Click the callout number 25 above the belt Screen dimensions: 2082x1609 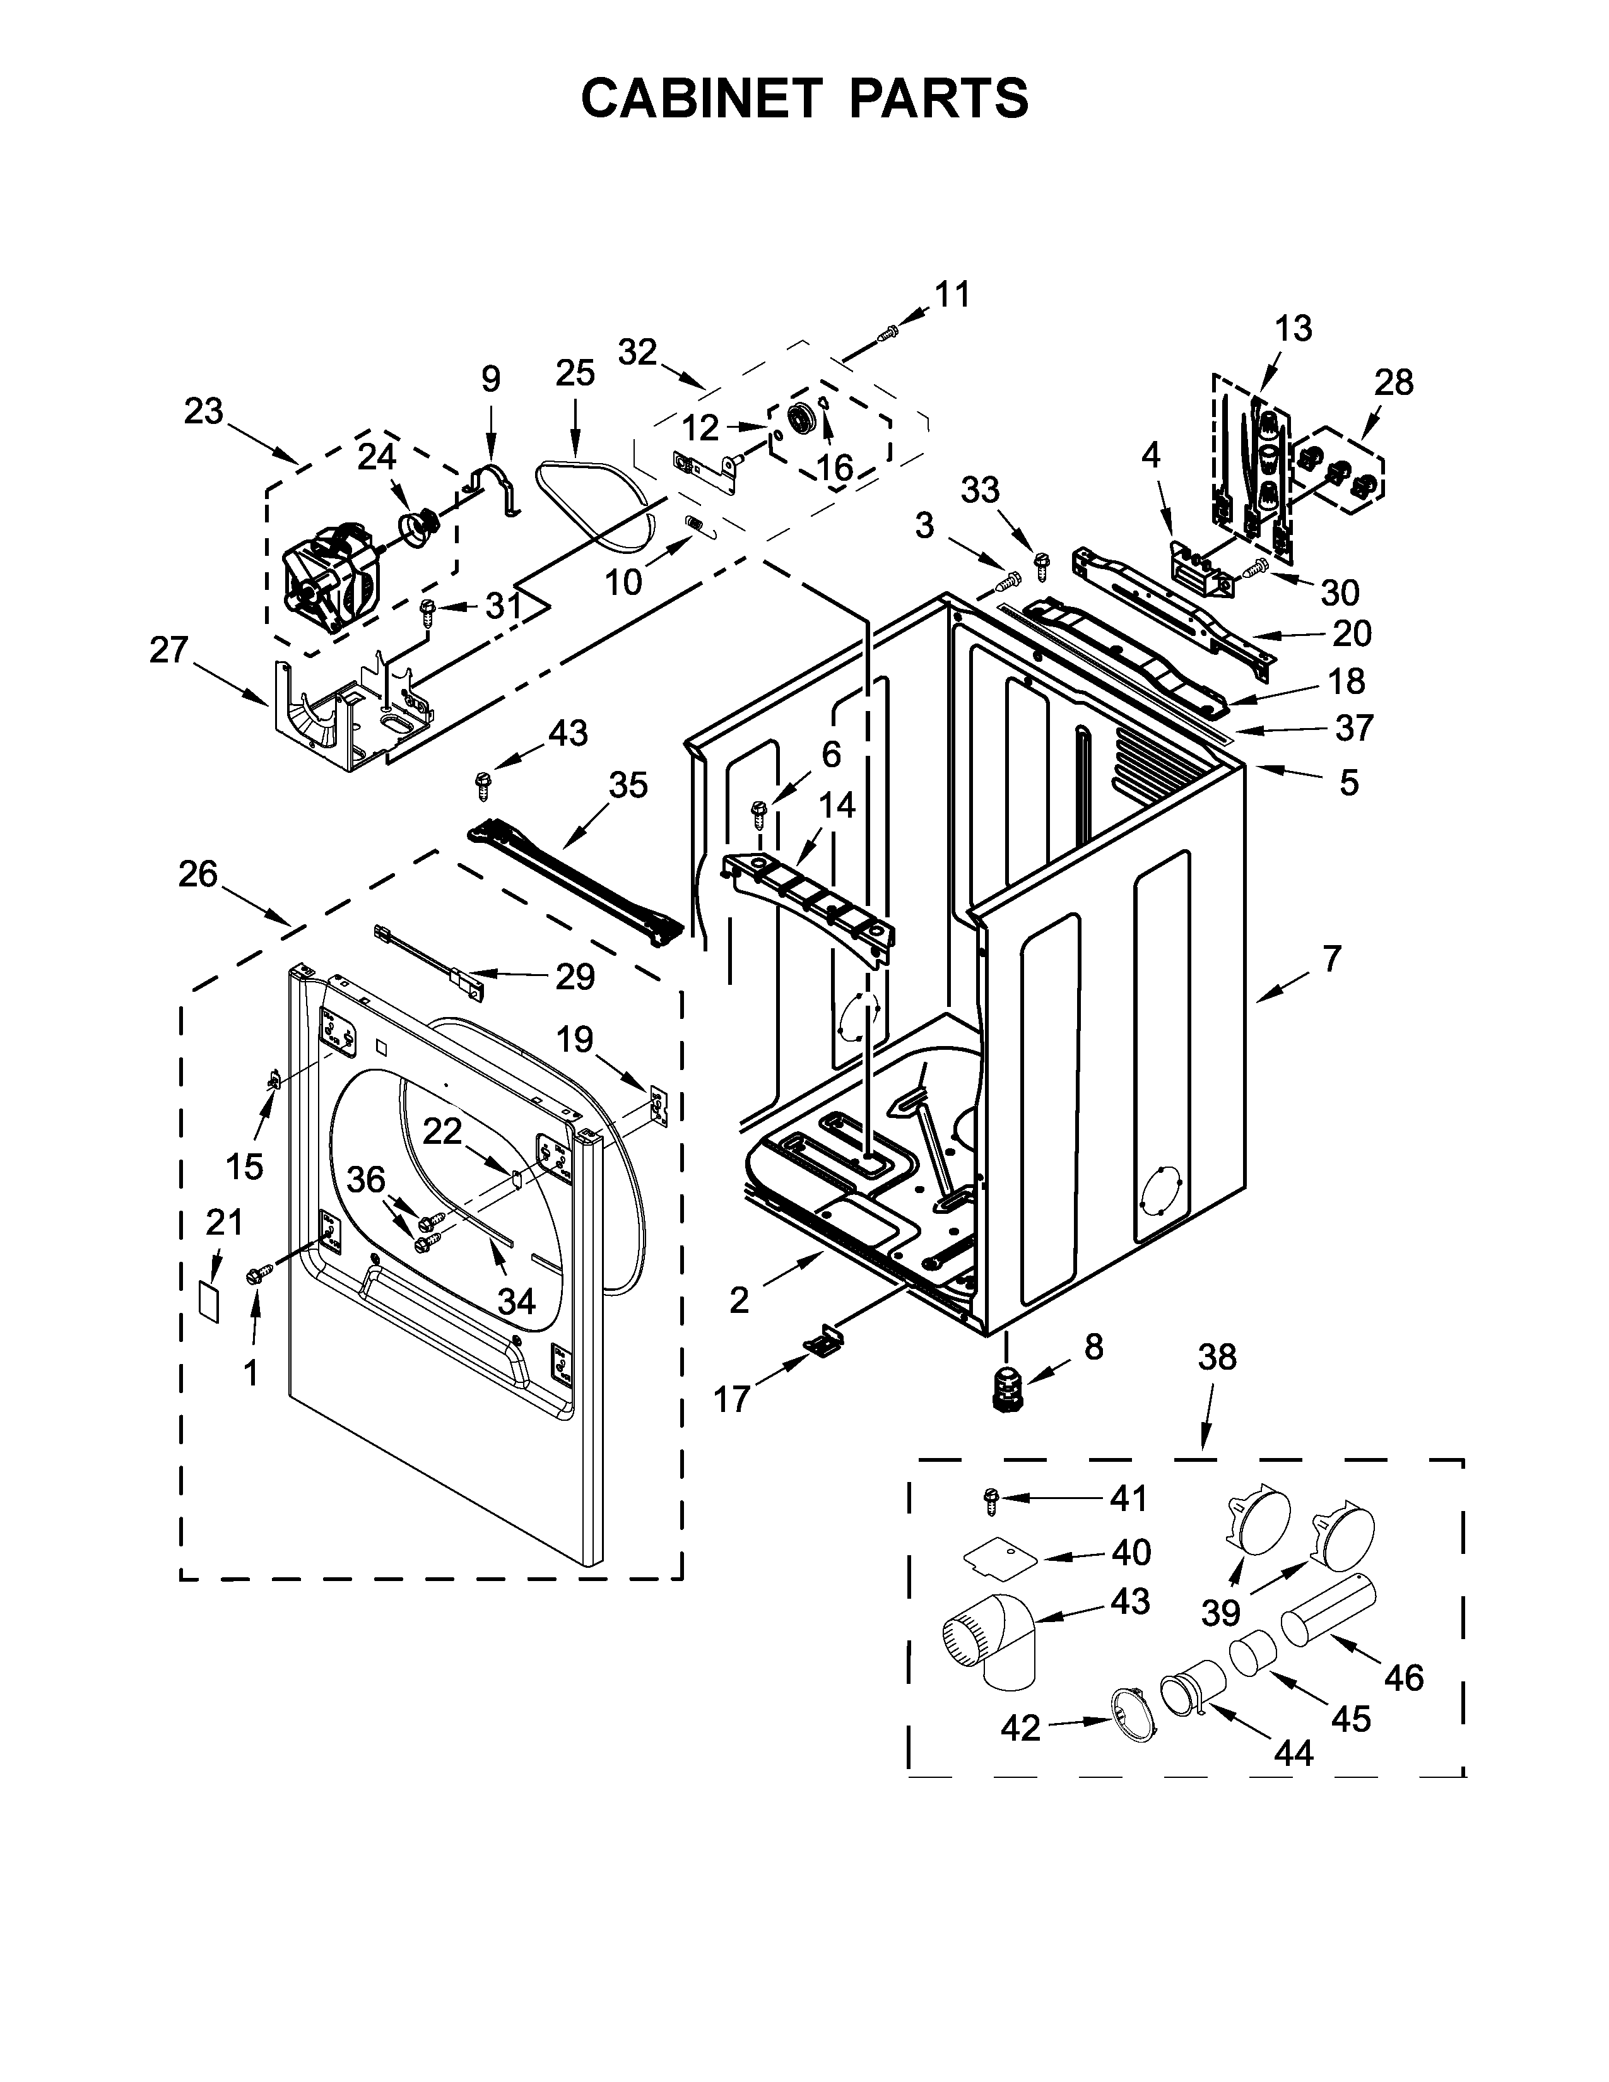pyautogui.click(x=575, y=373)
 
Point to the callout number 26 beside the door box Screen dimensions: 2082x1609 pyautogui.click(x=197, y=874)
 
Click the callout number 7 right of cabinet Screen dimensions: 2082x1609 pyautogui.click(x=1331, y=958)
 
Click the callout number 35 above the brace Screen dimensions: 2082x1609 pyautogui.click(x=628, y=785)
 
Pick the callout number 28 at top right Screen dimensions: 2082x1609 pyautogui.click(x=1394, y=382)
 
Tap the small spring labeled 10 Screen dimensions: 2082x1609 pyautogui.click(x=696, y=526)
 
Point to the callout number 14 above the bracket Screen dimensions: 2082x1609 pyautogui.click(x=836, y=806)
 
